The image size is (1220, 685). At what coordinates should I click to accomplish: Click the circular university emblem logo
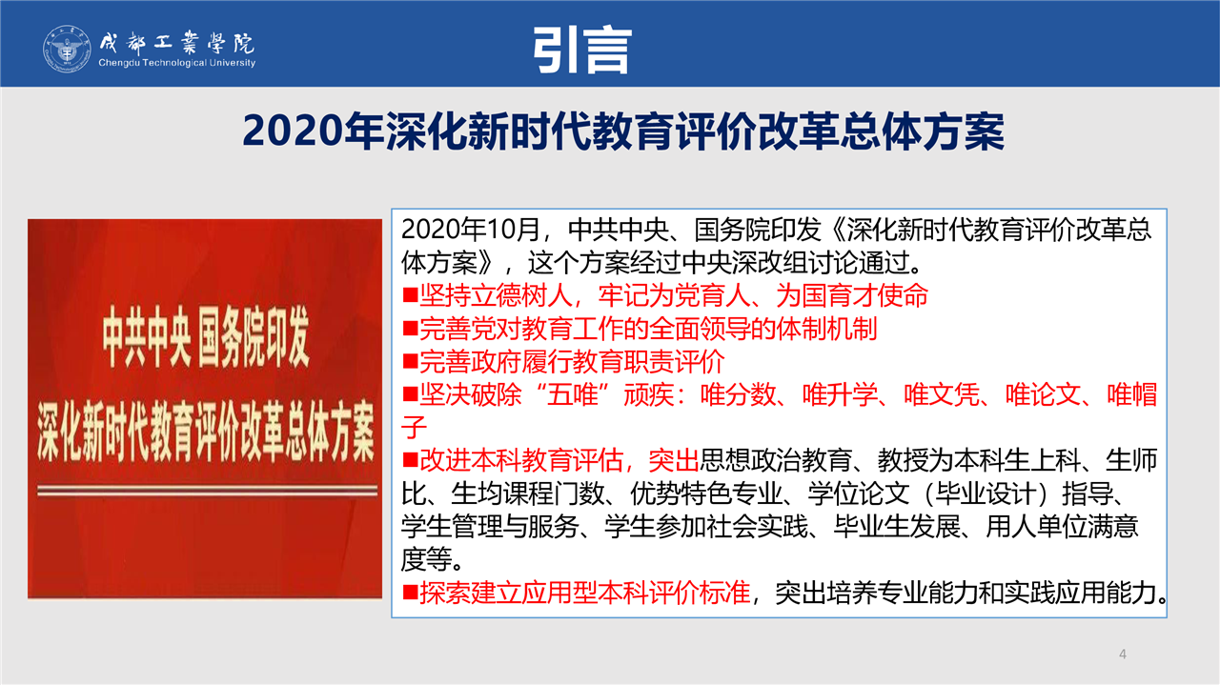click(67, 49)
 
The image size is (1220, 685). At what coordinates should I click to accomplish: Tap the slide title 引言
click(582, 50)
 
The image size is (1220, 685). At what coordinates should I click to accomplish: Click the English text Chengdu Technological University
click(177, 63)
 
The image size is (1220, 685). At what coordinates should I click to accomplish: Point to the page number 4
click(1123, 654)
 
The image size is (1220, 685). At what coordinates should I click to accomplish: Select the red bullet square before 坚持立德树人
click(410, 295)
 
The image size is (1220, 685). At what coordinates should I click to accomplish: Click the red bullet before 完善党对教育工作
click(410, 329)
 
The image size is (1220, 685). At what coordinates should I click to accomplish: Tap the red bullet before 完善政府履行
click(410, 362)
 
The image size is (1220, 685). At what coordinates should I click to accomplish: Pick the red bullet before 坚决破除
click(410, 394)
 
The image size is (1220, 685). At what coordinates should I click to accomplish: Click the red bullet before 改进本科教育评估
click(410, 461)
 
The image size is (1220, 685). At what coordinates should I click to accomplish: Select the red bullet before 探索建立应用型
click(410, 593)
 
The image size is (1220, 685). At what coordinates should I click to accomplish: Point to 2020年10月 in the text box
click(471, 230)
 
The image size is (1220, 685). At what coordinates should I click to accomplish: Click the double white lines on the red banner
click(208, 492)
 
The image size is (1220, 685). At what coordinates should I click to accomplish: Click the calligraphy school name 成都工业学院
click(177, 43)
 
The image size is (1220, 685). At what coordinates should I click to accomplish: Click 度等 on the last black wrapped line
click(426, 559)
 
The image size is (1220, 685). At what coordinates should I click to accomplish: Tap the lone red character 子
click(414, 428)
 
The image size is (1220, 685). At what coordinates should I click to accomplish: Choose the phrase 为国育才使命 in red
click(852, 295)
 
